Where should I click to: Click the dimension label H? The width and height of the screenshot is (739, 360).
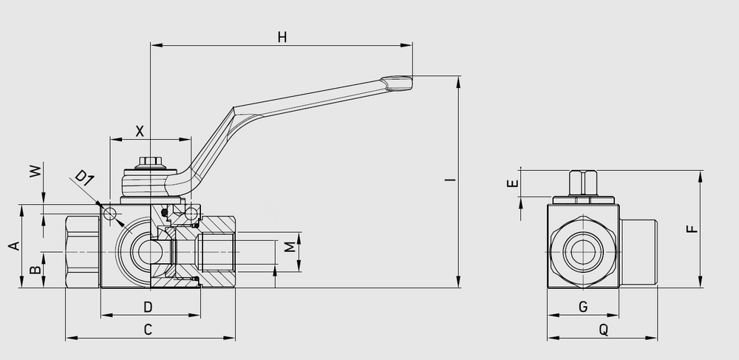282,38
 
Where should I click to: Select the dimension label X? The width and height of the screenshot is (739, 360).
139,130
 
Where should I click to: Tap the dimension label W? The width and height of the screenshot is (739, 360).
33,171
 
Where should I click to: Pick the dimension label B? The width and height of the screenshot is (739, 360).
33,270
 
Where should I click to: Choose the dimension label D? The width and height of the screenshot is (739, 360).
148,306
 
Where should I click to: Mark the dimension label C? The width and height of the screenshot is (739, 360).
148,330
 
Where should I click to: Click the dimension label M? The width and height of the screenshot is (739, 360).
290,245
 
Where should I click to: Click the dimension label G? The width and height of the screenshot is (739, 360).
582,306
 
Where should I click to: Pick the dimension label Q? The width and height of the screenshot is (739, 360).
603,330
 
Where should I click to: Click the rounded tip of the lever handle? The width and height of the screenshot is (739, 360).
399,83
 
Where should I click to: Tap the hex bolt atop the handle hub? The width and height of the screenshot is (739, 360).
149,162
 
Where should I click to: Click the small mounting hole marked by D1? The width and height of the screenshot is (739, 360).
111,214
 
